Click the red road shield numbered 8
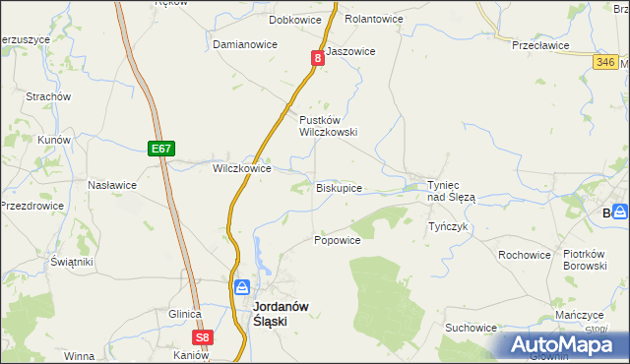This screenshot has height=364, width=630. click(x=318, y=59)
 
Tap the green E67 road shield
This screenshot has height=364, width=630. click(x=162, y=149)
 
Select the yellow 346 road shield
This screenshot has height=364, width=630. click(x=606, y=62)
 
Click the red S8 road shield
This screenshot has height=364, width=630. click(x=202, y=337)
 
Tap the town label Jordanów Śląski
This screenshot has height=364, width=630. click(x=281, y=313)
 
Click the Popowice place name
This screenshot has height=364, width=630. click(x=337, y=240)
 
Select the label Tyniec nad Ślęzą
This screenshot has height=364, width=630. click(x=451, y=191)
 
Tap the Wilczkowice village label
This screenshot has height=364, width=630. click(x=242, y=168)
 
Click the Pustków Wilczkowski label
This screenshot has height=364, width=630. click(x=328, y=125)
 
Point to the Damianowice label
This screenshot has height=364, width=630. click(x=245, y=45)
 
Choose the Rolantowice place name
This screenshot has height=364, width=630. click(x=374, y=19)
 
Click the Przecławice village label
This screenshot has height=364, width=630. click(x=540, y=45)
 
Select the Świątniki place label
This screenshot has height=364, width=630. click(x=72, y=263)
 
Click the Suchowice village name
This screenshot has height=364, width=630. click(x=471, y=328)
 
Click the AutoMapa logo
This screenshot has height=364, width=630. click(x=562, y=345)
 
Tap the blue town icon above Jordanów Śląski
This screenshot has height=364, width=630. click(x=242, y=287)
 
